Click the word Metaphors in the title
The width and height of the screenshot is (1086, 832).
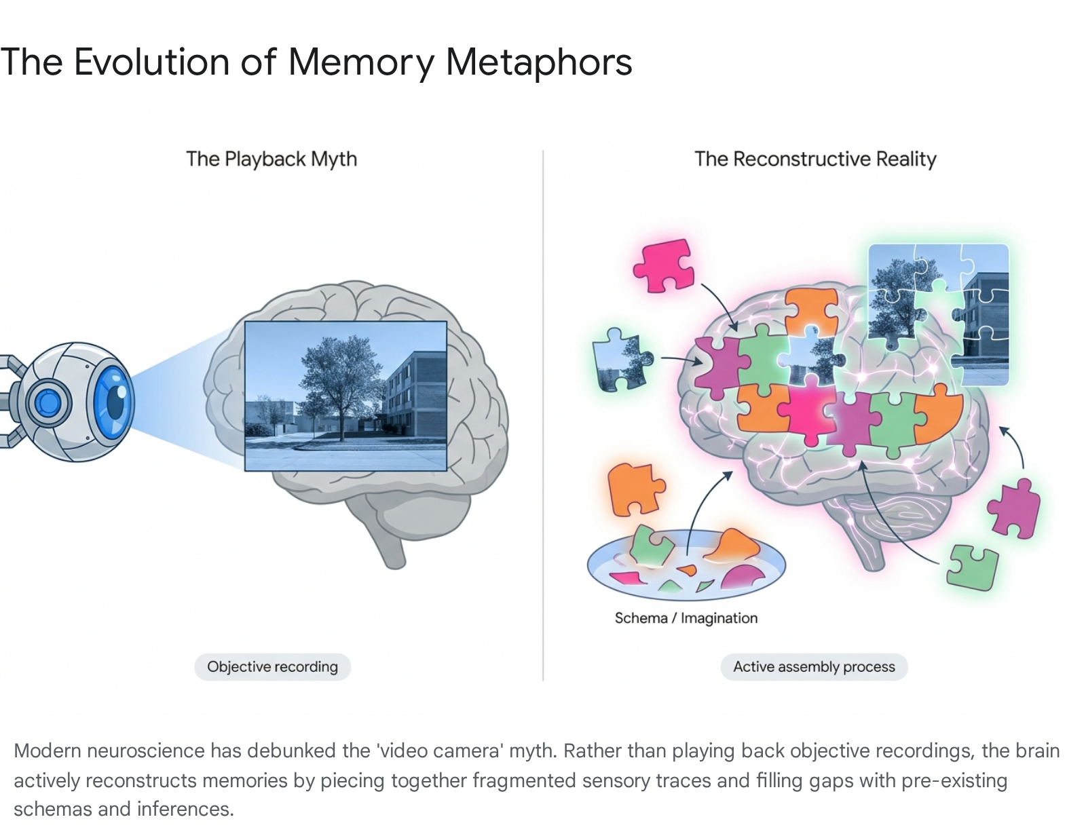539,62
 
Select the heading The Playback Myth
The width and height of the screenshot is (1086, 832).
272,159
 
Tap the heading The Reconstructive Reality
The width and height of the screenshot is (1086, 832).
815,159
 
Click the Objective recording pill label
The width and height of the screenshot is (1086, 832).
272,666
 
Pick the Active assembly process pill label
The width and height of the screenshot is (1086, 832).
814,666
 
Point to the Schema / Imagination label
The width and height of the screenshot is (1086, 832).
686,618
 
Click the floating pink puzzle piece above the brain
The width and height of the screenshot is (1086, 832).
664,265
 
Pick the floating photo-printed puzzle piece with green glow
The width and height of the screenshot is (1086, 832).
622,359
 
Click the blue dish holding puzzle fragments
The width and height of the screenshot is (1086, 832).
686,565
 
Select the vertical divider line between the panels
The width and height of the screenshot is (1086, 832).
543,415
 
